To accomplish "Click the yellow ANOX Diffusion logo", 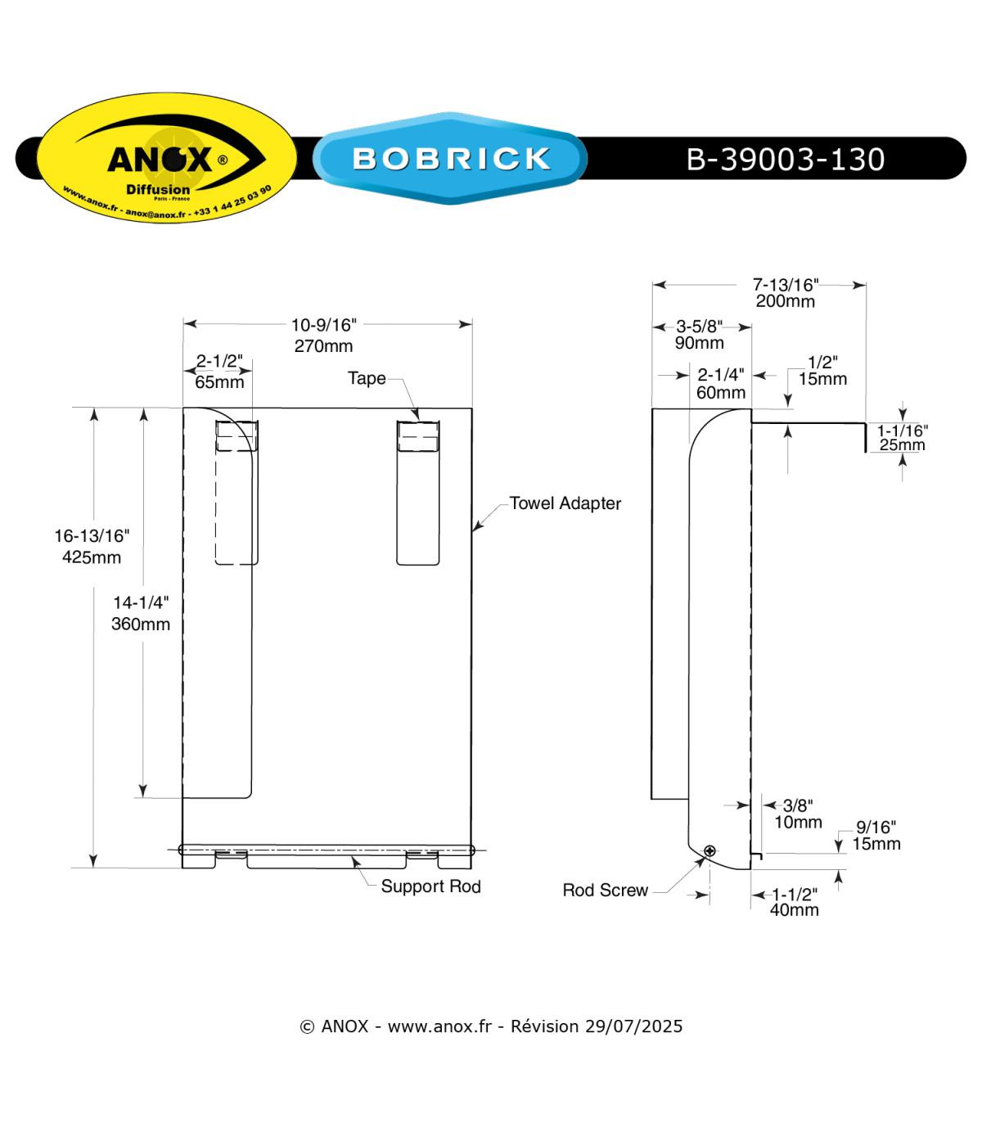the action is (x=167, y=158).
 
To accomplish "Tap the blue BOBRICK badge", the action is (x=450, y=158).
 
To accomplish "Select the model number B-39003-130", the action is (x=785, y=159).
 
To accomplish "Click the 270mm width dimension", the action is (x=323, y=345).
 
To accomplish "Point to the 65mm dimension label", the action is (x=219, y=382).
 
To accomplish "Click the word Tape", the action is (x=367, y=378).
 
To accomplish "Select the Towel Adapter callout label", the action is (x=565, y=503).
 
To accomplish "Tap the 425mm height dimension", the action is (x=92, y=557).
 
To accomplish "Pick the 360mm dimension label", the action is (x=141, y=624).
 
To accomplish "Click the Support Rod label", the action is (x=430, y=886).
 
